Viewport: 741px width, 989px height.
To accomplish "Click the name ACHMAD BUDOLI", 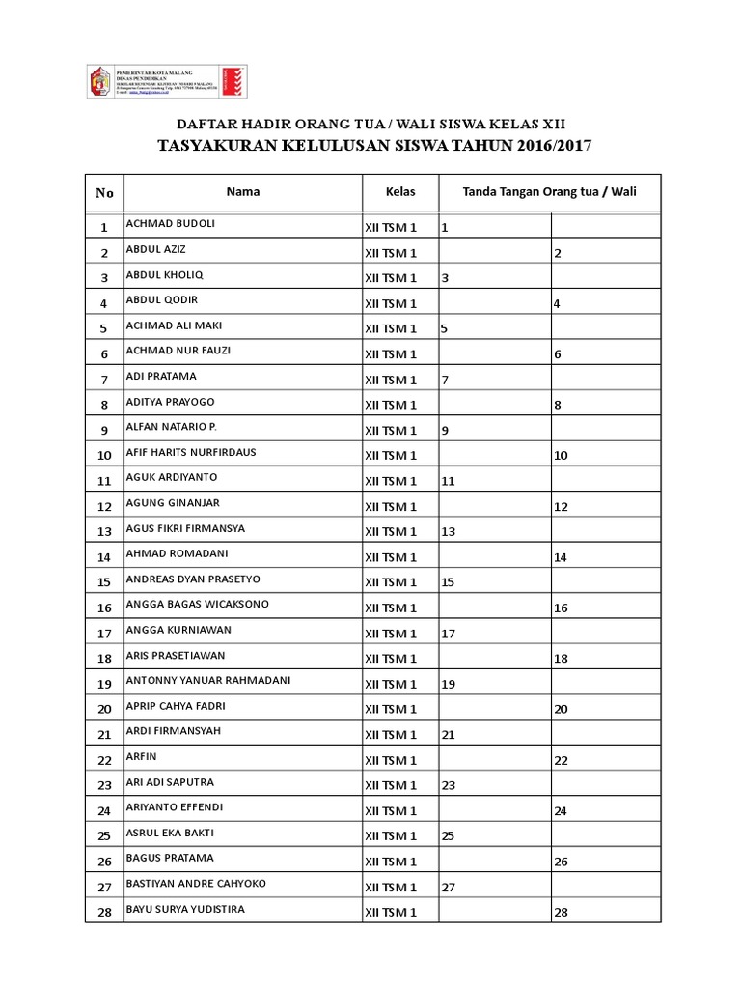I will tap(170, 224).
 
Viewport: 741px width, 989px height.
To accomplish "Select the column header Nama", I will tap(243, 191).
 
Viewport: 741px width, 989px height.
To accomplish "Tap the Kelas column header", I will tap(400, 191).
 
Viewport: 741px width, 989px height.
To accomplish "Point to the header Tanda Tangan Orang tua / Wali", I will tap(549, 191).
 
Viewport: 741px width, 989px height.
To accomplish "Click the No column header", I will tap(104, 192).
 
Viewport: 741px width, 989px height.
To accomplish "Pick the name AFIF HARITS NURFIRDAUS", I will tap(190, 451).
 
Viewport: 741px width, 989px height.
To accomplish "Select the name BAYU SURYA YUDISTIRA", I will tap(184, 909).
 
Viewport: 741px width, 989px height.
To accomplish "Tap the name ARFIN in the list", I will tap(141, 756).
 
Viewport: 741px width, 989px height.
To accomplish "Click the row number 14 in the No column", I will tap(104, 557).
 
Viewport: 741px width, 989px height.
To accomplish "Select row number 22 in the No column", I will tap(104, 760).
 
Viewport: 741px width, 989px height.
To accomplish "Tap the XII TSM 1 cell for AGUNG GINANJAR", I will tap(390, 506).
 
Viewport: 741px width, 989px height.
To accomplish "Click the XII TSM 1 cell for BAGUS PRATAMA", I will tap(390, 862).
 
